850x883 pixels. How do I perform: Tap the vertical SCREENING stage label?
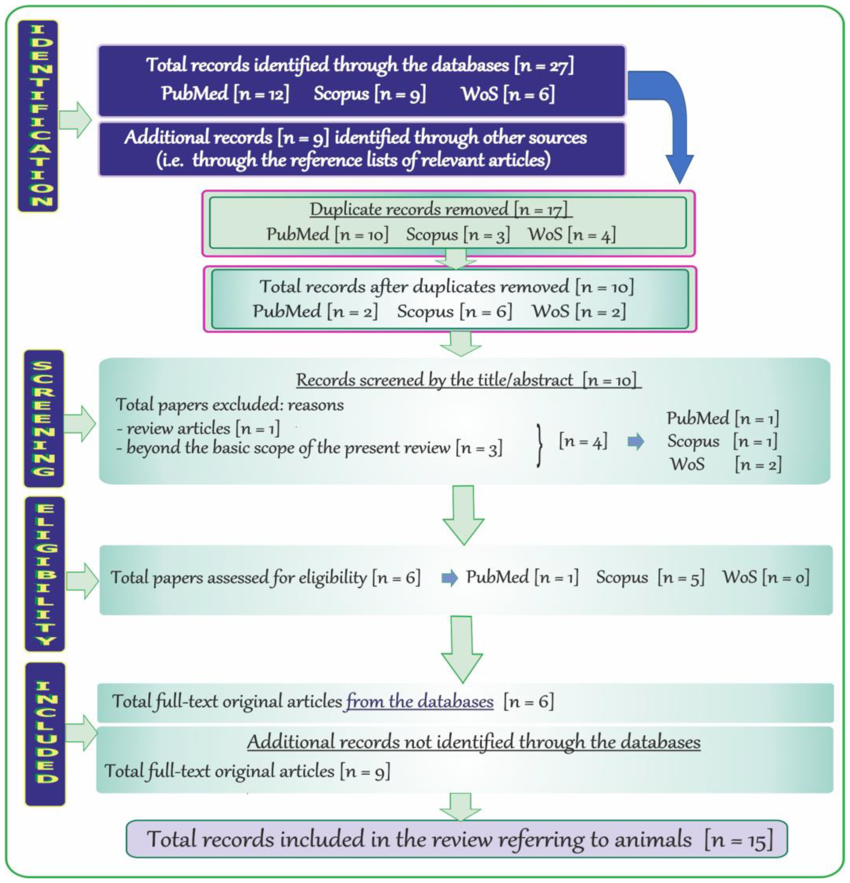[x=44, y=418]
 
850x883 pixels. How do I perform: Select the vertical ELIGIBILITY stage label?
[x=45, y=574]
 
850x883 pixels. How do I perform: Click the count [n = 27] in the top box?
[x=544, y=66]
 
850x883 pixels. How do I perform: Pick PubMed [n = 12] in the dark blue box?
[x=225, y=94]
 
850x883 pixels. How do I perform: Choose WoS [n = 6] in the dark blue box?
[x=508, y=94]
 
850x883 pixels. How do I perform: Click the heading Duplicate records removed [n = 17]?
[x=440, y=209]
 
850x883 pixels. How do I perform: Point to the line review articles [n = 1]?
[x=198, y=428]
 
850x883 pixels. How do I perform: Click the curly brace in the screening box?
[x=539, y=445]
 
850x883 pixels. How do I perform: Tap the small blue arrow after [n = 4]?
[x=635, y=442]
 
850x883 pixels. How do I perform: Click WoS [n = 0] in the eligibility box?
[x=766, y=577]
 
